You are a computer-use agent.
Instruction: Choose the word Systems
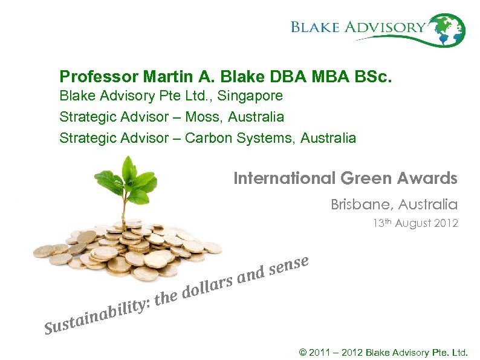point(263,138)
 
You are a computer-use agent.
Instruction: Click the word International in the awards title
point(285,178)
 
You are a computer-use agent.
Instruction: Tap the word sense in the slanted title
point(290,264)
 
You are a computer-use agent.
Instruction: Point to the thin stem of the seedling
point(126,212)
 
